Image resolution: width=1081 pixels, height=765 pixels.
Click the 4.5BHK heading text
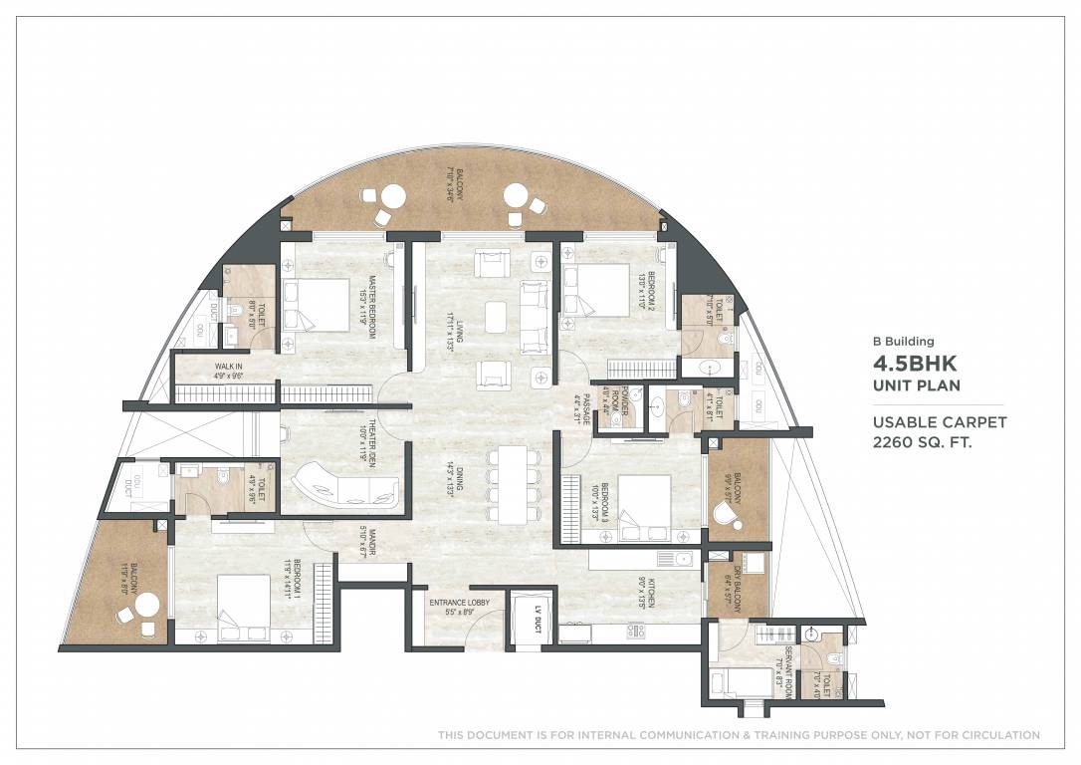[915, 366]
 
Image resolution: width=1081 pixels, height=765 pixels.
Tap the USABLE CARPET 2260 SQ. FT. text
[940, 431]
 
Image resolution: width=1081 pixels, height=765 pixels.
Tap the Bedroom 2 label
[647, 292]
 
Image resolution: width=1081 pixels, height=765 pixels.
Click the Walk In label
[228, 372]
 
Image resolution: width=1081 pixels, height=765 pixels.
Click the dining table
[510, 482]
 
